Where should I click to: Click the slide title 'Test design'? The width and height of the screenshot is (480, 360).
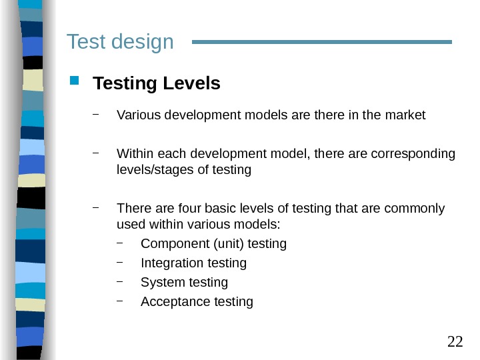120,42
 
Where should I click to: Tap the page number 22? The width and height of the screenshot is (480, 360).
455,342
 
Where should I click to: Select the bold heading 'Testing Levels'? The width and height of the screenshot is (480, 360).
157,84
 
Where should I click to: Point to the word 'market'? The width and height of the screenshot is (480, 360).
405,115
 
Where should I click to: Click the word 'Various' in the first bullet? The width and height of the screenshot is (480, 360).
136,115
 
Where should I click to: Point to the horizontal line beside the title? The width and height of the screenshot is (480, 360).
322,42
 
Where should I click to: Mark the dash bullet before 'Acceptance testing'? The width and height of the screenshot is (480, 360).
120,301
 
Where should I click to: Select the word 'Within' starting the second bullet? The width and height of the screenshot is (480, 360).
134,155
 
